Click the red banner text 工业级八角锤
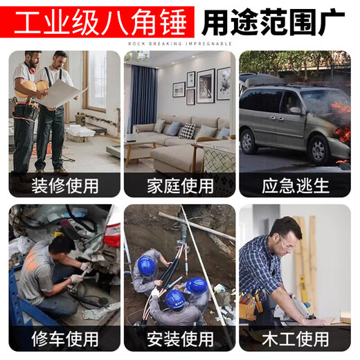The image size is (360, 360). [100, 22]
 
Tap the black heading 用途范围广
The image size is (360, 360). [273, 22]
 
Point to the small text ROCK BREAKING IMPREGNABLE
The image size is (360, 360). [180, 44]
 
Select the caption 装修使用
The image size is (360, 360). [65, 186]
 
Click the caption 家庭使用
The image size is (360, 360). [180, 186]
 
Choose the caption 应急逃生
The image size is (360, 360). [296, 186]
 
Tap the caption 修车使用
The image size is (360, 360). [65, 339]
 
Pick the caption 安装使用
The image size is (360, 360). [180, 339]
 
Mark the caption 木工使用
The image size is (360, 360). [296, 339]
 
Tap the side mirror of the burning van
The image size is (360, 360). [296, 111]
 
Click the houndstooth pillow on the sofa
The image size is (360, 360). [187, 131]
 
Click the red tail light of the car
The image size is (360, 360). [113, 235]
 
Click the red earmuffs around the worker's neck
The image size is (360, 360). [32, 67]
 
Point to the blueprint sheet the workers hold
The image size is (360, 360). [60, 93]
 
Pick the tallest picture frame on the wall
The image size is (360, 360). [206, 86]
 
